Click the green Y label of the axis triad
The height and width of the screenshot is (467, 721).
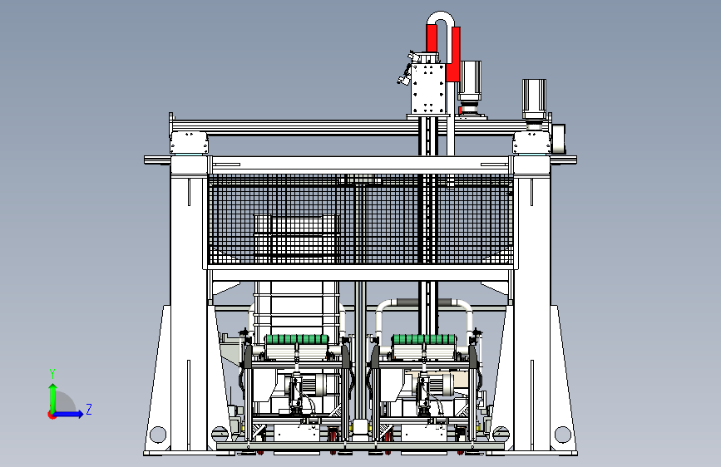pyautogui.click(x=52, y=374)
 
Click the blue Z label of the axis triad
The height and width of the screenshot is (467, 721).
pyautogui.click(x=89, y=409)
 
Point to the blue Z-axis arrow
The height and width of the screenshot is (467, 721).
pyautogui.click(x=68, y=414)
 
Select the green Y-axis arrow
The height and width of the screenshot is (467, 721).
pyautogui.click(x=53, y=399)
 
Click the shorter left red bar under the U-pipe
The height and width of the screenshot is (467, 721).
pyautogui.click(x=432, y=38)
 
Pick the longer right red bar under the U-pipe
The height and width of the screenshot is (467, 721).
pyautogui.click(x=454, y=54)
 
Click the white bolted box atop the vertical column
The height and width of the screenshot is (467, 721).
pyautogui.click(x=428, y=88)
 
